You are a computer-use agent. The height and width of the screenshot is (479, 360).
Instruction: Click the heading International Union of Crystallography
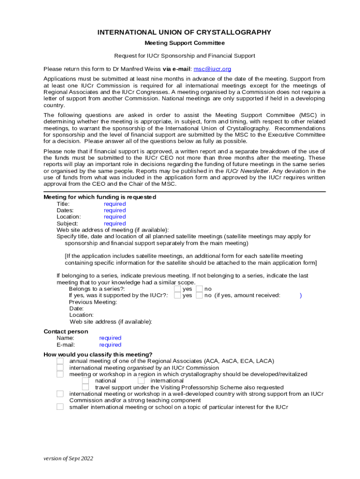[184, 32]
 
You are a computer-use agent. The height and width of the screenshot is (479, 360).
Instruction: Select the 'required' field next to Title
[115, 204]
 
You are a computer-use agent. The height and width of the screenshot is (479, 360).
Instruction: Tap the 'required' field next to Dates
[115, 210]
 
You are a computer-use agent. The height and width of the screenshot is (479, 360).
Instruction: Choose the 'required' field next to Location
[115, 217]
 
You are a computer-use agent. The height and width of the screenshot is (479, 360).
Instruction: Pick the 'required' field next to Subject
[115, 224]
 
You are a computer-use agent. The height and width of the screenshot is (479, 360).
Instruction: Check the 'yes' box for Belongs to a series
[177, 289]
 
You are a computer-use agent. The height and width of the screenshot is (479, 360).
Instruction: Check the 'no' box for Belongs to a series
[199, 289]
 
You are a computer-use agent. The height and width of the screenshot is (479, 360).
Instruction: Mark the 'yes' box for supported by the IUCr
[177, 296]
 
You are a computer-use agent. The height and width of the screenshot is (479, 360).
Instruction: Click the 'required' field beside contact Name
[110, 338]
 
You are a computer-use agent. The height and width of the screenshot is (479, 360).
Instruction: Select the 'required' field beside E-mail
[110, 345]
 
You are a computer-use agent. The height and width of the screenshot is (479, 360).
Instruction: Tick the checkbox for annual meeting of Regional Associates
[60, 361]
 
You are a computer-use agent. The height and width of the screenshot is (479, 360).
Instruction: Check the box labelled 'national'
[86, 381]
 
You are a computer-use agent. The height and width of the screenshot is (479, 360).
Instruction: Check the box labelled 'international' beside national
[141, 381]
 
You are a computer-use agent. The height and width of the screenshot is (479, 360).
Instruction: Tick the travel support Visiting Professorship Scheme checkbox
[86, 387]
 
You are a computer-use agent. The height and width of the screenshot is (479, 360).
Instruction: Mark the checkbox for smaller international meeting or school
[60, 407]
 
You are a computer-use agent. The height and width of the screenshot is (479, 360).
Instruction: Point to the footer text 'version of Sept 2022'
[68, 458]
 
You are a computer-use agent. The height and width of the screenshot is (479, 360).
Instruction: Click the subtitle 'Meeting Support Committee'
[184, 43]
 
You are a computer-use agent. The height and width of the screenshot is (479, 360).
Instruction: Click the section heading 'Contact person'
[65, 332]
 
